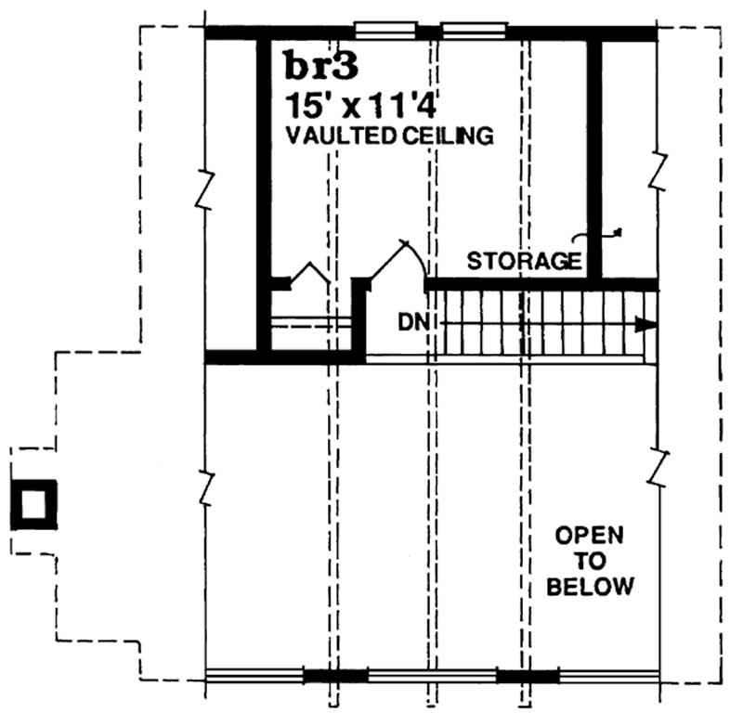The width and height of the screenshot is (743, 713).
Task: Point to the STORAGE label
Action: (524, 260)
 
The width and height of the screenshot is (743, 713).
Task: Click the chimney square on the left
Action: (33, 505)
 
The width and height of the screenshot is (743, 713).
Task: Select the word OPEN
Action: (590, 536)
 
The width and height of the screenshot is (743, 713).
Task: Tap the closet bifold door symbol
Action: (307, 275)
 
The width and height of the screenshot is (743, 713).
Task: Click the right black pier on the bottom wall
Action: (528, 675)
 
